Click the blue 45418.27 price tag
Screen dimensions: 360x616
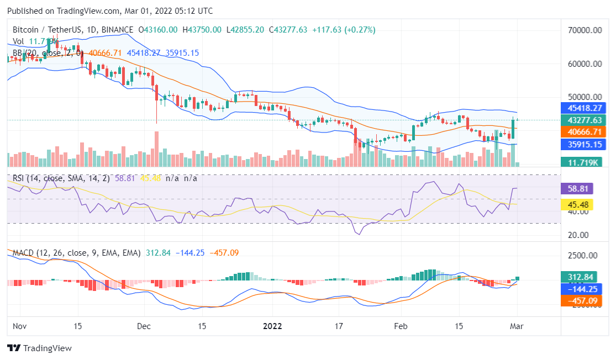[x=583, y=108]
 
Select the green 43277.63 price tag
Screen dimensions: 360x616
[x=583, y=120]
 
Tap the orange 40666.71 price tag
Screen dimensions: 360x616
[x=583, y=132]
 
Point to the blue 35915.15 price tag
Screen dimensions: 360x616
[x=583, y=144]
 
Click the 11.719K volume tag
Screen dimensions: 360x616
[x=583, y=162]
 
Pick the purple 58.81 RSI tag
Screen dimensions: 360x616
[x=577, y=188]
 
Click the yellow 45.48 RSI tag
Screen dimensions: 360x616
[x=577, y=205]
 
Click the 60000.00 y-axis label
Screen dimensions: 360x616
[x=583, y=63]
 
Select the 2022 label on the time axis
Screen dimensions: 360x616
[x=272, y=326]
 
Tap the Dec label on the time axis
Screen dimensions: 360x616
[x=144, y=326]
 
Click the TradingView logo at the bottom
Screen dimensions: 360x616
[x=39, y=348]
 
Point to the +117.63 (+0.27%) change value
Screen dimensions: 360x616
[x=345, y=29]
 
